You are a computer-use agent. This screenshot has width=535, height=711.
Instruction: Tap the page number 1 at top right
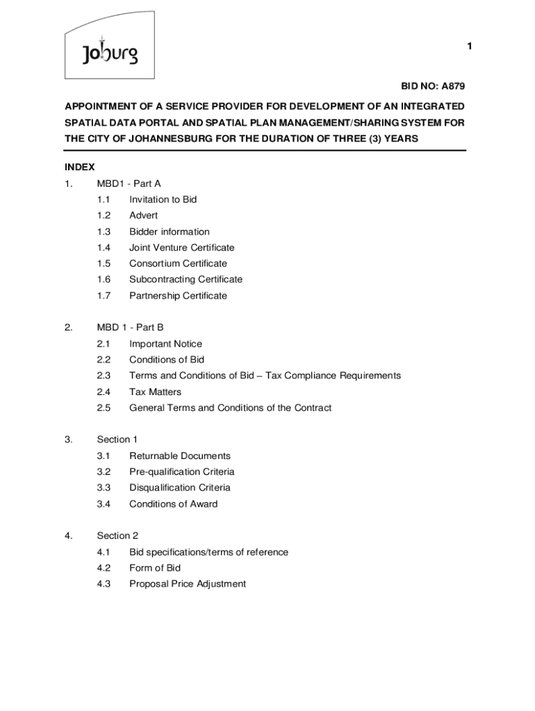pyautogui.click(x=470, y=46)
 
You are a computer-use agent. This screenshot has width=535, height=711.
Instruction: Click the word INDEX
pyautogui.click(x=80, y=167)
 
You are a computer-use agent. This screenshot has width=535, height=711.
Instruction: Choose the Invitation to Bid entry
pyautogui.click(x=163, y=199)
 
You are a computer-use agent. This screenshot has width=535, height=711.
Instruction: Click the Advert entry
pyautogui.click(x=143, y=215)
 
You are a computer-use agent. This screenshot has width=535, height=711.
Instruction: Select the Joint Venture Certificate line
pyautogui.click(x=181, y=247)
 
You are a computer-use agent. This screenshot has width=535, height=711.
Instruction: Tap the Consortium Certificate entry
pyautogui.click(x=178, y=263)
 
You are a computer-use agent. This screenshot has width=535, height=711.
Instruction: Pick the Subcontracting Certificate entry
pyautogui.click(x=186, y=279)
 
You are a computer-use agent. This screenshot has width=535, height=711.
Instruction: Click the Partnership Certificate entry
pyautogui.click(x=178, y=296)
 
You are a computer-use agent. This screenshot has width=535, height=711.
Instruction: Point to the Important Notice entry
pyautogui.click(x=165, y=344)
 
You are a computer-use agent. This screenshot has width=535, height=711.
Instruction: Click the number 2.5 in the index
pyautogui.click(x=104, y=408)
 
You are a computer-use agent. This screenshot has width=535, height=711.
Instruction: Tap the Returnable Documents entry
pyautogui.click(x=180, y=455)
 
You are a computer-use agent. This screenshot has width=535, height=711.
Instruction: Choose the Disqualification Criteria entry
pyautogui.click(x=179, y=487)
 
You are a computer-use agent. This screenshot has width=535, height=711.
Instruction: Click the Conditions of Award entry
pyautogui.click(x=173, y=504)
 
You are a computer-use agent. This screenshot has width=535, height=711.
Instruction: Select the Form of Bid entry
pyautogui.click(x=155, y=568)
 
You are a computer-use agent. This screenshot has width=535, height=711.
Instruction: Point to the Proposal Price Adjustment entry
pyautogui.click(x=188, y=584)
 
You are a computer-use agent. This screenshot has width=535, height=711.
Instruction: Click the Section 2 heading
pyautogui.click(x=117, y=535)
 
